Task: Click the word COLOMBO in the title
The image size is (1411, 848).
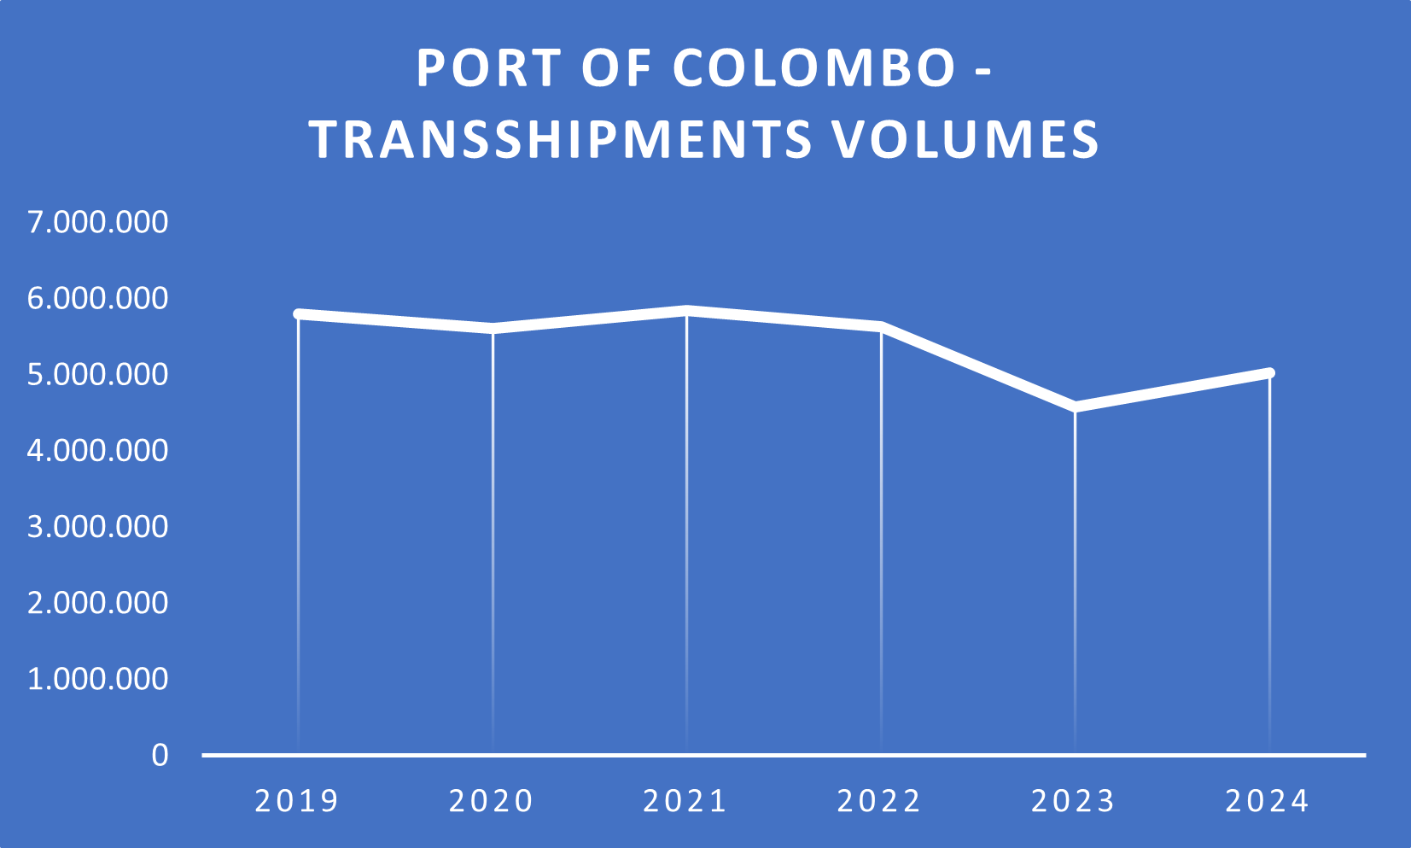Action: pos(814,68)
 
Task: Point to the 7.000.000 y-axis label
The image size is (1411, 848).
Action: pos(98,222)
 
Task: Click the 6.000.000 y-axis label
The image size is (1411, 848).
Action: pos(98,298)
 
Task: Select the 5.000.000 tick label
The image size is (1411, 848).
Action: pos(98,374)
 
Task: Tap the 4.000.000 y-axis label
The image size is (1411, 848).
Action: pos(98,450)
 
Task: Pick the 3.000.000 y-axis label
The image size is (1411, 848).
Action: pos(98,526)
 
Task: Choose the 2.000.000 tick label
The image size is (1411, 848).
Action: pos(98,603)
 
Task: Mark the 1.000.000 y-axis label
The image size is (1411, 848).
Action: pos(98,679)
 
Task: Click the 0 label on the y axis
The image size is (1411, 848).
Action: pos(160,755)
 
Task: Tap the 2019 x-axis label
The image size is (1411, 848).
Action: pos(298,801)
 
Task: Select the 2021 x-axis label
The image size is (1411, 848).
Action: pos(685,801)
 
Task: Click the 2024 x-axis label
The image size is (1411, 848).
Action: pos(1268,801)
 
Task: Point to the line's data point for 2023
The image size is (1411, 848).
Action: pos(1075,406)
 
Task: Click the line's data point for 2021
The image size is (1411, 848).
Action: pos(686,311)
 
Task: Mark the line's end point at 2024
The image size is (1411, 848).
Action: pos(1269,373)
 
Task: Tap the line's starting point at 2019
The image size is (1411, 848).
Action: pos(298,314)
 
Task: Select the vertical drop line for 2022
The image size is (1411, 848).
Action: pos(881,538)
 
